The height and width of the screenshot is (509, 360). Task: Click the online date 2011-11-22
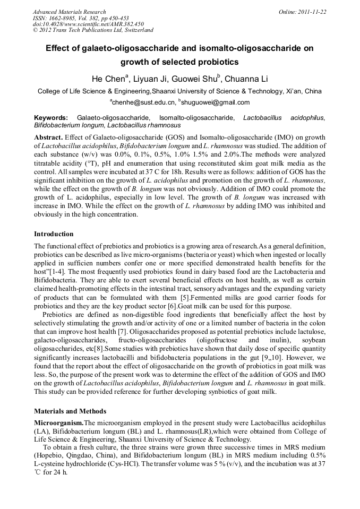click(x=311, y=12)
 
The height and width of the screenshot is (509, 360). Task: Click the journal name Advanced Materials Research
click(x=70, y=12)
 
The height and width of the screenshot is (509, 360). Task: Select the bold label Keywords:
click(x=51, y=117)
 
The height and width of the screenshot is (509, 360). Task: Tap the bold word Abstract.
click(x=49, y=136)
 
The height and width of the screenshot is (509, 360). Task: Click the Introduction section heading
click(x=54, y=234)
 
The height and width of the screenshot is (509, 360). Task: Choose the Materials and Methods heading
click(x=70, y=411)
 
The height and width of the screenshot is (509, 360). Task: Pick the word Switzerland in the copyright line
click(x=136, y=30)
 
